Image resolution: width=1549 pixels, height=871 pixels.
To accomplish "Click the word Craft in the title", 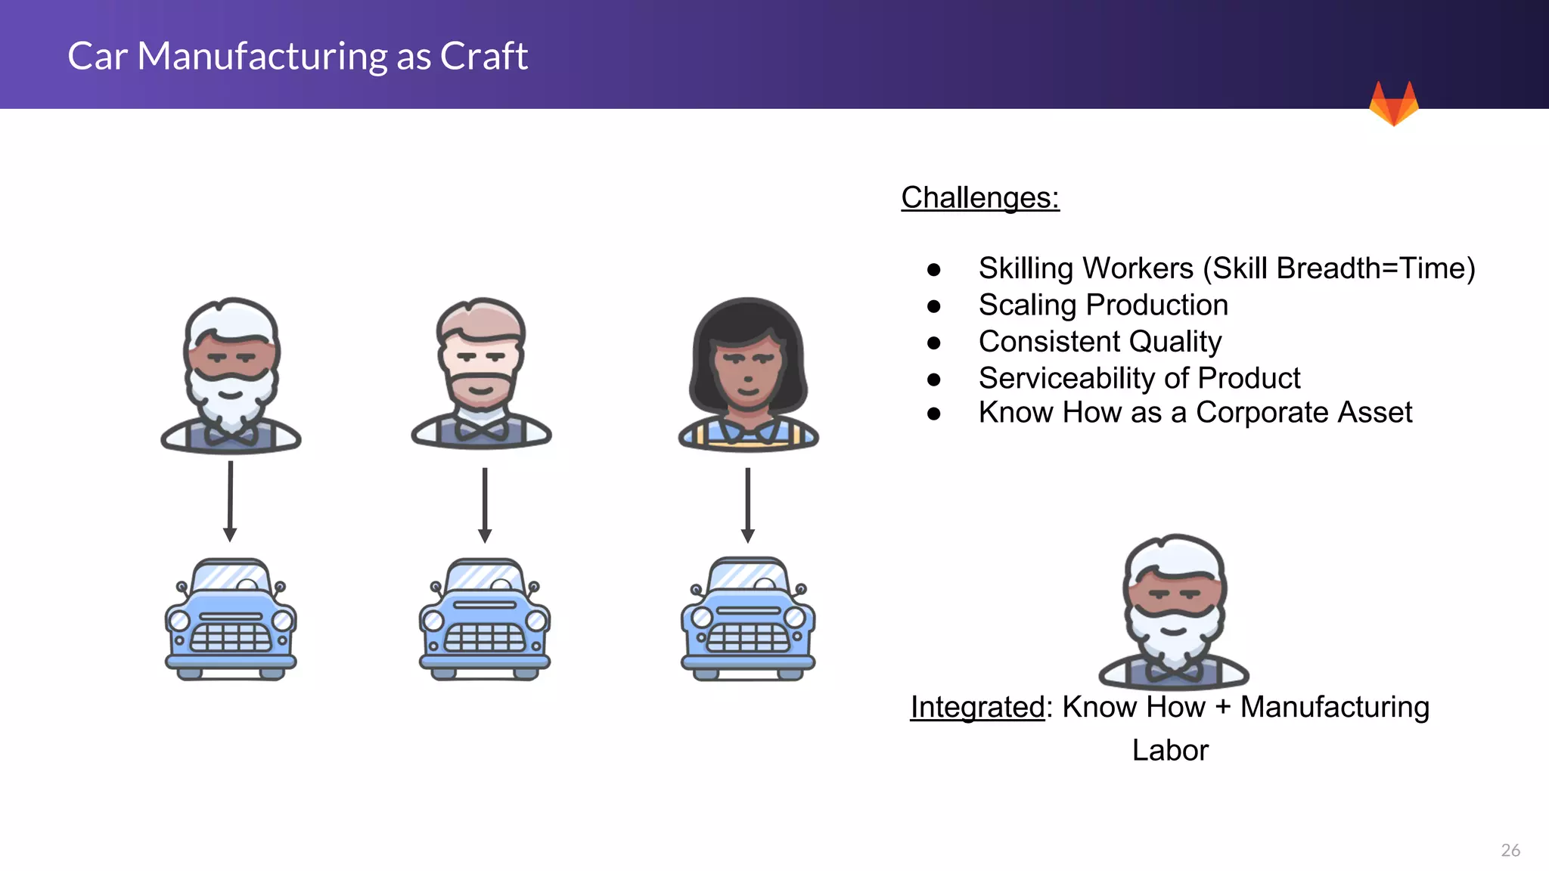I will [483, 56].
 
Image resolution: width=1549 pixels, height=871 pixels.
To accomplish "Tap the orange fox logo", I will [1393, 104].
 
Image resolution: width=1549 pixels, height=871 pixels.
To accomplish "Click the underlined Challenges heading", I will [980, 198].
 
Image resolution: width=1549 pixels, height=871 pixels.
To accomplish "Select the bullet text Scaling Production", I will [1103, 305].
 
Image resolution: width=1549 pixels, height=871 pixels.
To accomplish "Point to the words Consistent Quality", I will [1100, 342].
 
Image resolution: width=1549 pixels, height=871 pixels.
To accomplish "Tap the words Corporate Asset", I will [1303, 413].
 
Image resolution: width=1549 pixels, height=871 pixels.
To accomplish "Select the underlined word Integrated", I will [977, 707].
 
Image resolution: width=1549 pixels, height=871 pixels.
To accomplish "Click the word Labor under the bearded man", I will [1170, 750].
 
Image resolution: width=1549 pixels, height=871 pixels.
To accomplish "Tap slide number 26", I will [1510, 850].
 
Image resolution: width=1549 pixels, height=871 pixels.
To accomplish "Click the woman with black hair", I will [747, 370].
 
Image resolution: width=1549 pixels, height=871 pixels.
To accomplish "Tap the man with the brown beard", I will [481, 370].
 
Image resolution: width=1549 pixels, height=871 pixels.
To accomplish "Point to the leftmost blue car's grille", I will [231, 639].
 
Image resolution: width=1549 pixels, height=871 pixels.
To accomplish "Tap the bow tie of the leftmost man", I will [231, 435].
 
